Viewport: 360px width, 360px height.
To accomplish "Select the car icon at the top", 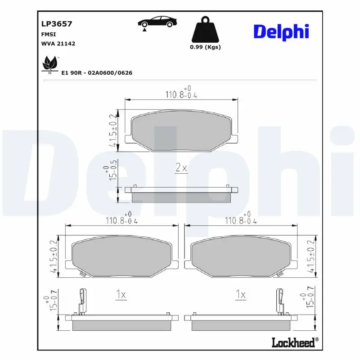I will click(x=157, y=22).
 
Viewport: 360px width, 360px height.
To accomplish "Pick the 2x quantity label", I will click(x=180, y=168).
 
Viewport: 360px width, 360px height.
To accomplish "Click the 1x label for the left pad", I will click(x=120, y=295).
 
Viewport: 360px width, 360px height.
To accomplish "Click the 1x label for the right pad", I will click(x=240, y=295).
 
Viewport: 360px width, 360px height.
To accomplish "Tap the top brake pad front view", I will click(x=181, y=131).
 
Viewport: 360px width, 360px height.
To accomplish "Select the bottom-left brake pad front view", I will click(x=122, y=257).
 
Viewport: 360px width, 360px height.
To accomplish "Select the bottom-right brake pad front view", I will click(x=241, y=257).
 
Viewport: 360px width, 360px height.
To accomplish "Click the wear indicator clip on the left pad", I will click(x=82, y=300).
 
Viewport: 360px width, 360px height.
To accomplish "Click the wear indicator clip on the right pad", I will click(x=279, y=300).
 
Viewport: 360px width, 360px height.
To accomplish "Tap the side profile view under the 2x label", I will click(x=181, y=194).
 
